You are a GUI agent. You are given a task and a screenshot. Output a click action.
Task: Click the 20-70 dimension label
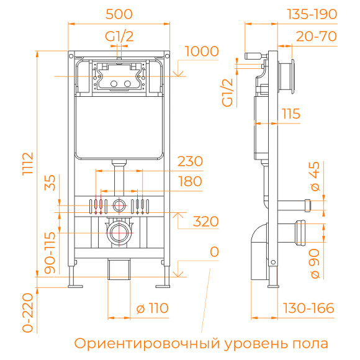click(316, 37)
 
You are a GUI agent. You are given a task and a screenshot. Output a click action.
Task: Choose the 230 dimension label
click(190, 161)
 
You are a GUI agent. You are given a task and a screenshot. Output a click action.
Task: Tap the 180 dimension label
click(190, 181)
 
